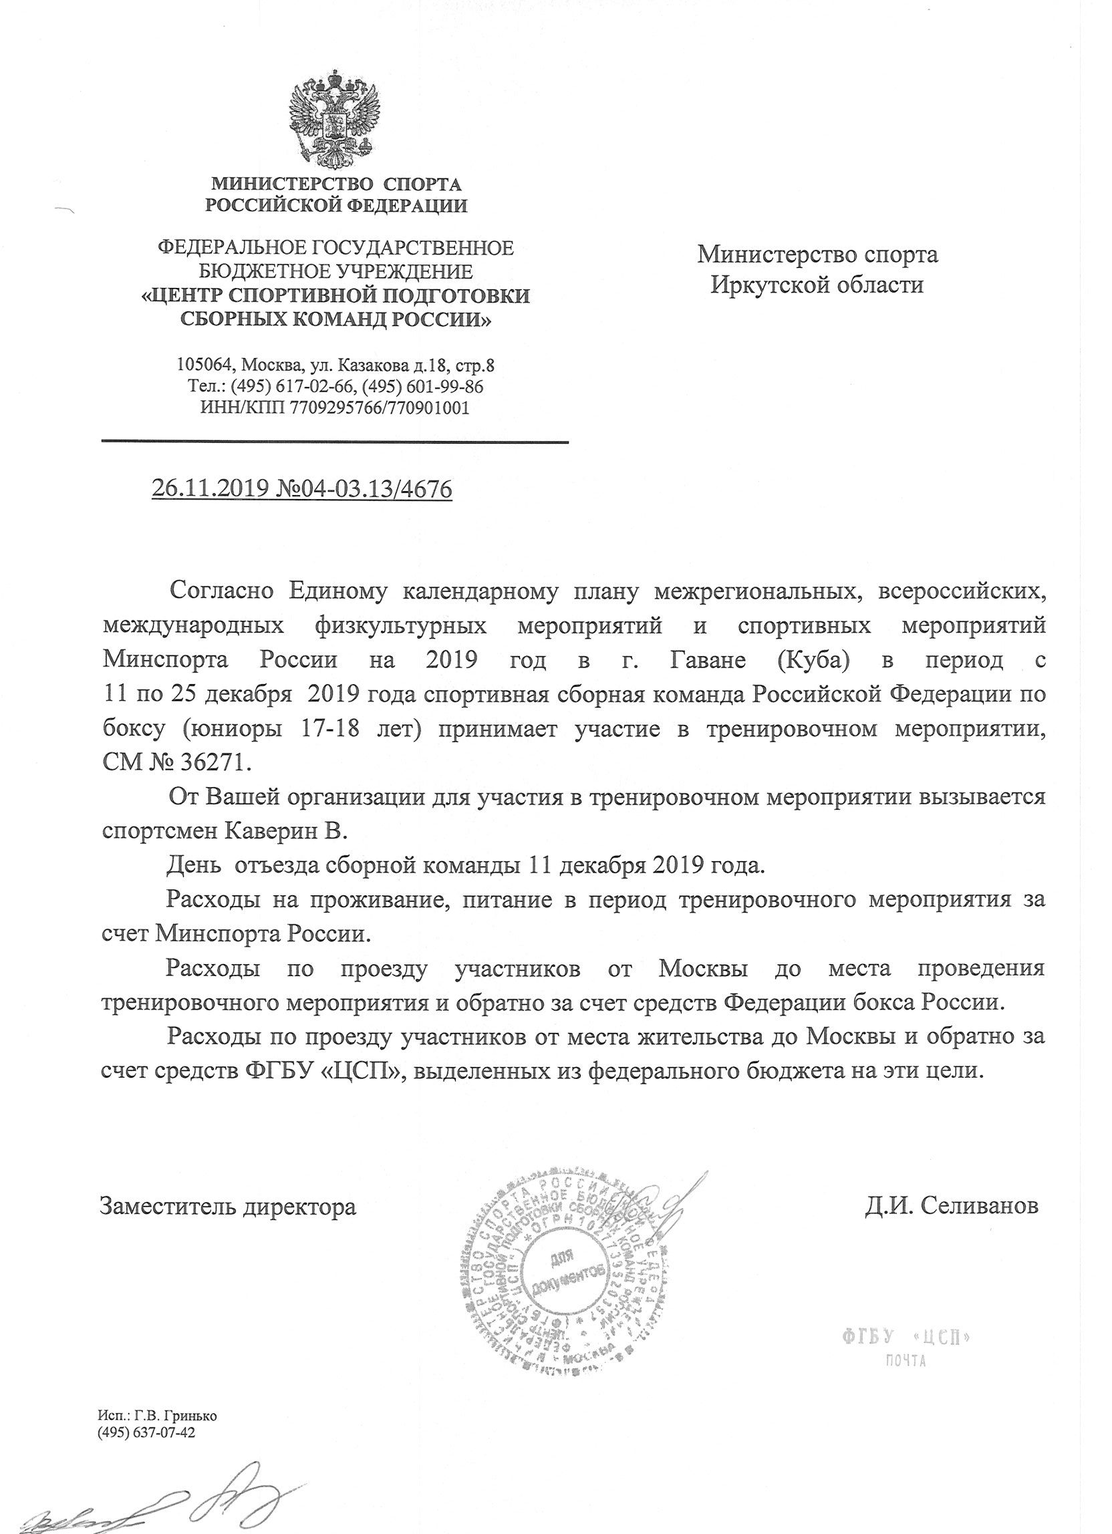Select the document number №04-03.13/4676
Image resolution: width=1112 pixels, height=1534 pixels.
click(366, 488)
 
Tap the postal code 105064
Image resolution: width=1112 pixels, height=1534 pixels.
click(204, 366)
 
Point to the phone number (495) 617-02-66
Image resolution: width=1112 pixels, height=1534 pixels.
click(294, 387)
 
